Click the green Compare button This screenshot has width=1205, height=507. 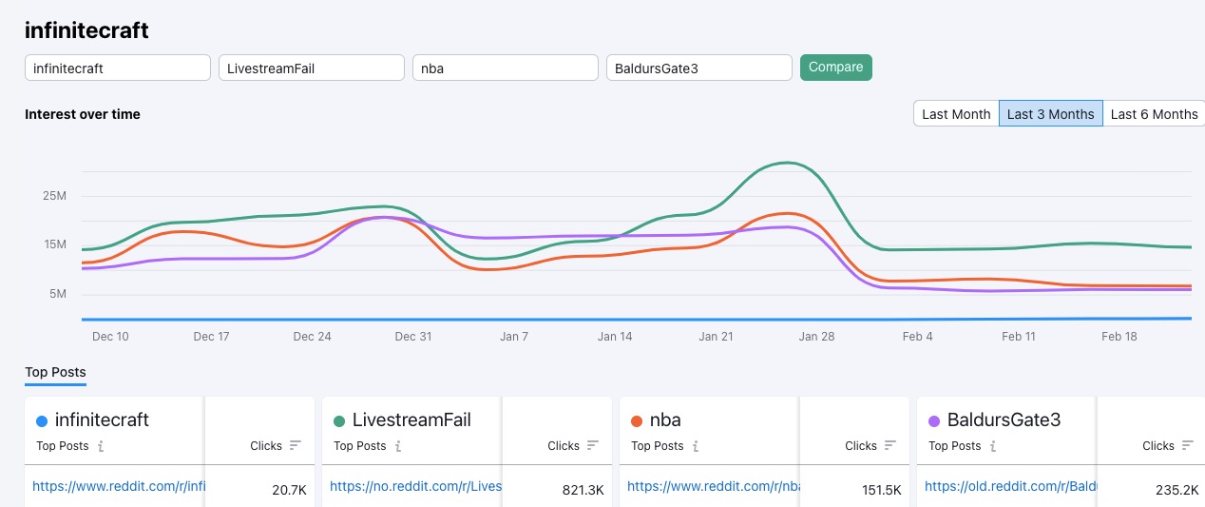[x=835, y=68]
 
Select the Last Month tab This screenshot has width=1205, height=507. [x=956, y=114]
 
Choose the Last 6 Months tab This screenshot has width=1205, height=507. [x=1154, y=114]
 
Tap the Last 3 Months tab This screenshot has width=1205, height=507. [x=1050, y=114]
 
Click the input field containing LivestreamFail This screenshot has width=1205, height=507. [x=312, y=68]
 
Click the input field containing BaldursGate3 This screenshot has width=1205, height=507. [x=698, y=68]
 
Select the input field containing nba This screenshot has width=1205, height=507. [x=505, y=68]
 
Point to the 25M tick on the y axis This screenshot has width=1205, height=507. [x=54, y=196]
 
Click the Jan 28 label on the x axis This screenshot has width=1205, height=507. [x=816, y=337]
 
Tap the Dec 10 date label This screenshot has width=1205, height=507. [x=110, y=337]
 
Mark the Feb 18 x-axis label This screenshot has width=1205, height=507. [x=1119, y=337]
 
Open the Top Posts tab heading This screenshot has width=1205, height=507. [x=55, y=372]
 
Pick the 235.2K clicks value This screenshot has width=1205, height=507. [x=1177, y=490]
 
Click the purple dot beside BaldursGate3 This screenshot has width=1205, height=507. [x=933, y=421]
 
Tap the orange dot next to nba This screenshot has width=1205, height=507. [x=636, y=421]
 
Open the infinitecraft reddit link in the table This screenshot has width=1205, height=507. [x=119, y=486]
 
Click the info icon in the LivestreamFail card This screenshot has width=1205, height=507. [x=398, y=446]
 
